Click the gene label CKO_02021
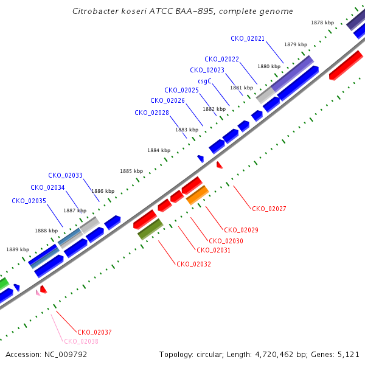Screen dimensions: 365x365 click(248, 39)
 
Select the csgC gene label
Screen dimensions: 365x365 click(204, 82)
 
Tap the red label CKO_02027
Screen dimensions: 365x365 click(269, 209)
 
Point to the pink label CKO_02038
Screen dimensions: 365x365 click(82, 341)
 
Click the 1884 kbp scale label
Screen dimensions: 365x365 click(159, 150)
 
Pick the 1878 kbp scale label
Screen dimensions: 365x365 click(322, 23)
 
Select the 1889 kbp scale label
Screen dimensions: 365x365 click(18, 249)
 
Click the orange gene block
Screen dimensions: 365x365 click(197, 195)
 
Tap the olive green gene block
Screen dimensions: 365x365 click(150, 229)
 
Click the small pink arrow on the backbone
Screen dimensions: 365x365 click(38, 293)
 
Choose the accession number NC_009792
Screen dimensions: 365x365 click(66, 355)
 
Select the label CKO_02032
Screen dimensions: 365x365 click(193, 264)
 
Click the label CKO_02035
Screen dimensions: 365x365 click(29, 201)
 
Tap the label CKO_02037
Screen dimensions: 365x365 click(94, 332)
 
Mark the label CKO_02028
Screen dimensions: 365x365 click(151, 113)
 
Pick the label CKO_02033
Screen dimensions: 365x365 click(66, 175)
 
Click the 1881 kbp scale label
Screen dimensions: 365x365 click(242, 88)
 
